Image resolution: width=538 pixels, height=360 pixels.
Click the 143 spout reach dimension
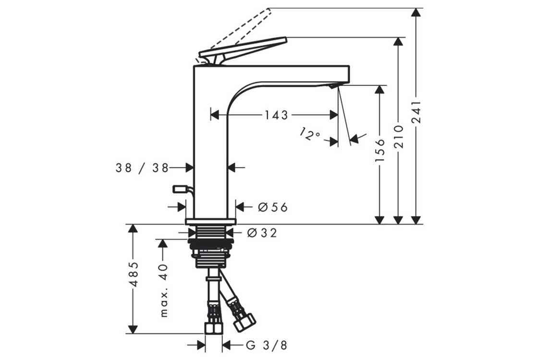coord(276,115)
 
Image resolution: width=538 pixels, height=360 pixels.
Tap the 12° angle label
coord(309,134)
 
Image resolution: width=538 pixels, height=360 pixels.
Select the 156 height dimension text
coord(380,151)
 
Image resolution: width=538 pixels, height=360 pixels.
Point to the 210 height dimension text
coord(398,136)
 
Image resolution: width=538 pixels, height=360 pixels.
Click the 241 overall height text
coord(416,112)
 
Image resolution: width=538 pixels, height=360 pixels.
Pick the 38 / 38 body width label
coord(142,168)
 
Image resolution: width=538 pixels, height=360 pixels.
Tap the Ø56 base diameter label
coord(273,207)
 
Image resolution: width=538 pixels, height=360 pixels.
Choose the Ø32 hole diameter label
coord(262,233)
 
